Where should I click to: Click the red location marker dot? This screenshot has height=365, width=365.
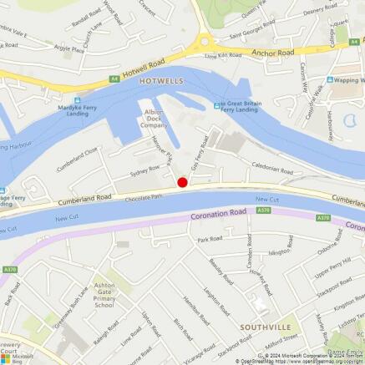pos(182,182)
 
